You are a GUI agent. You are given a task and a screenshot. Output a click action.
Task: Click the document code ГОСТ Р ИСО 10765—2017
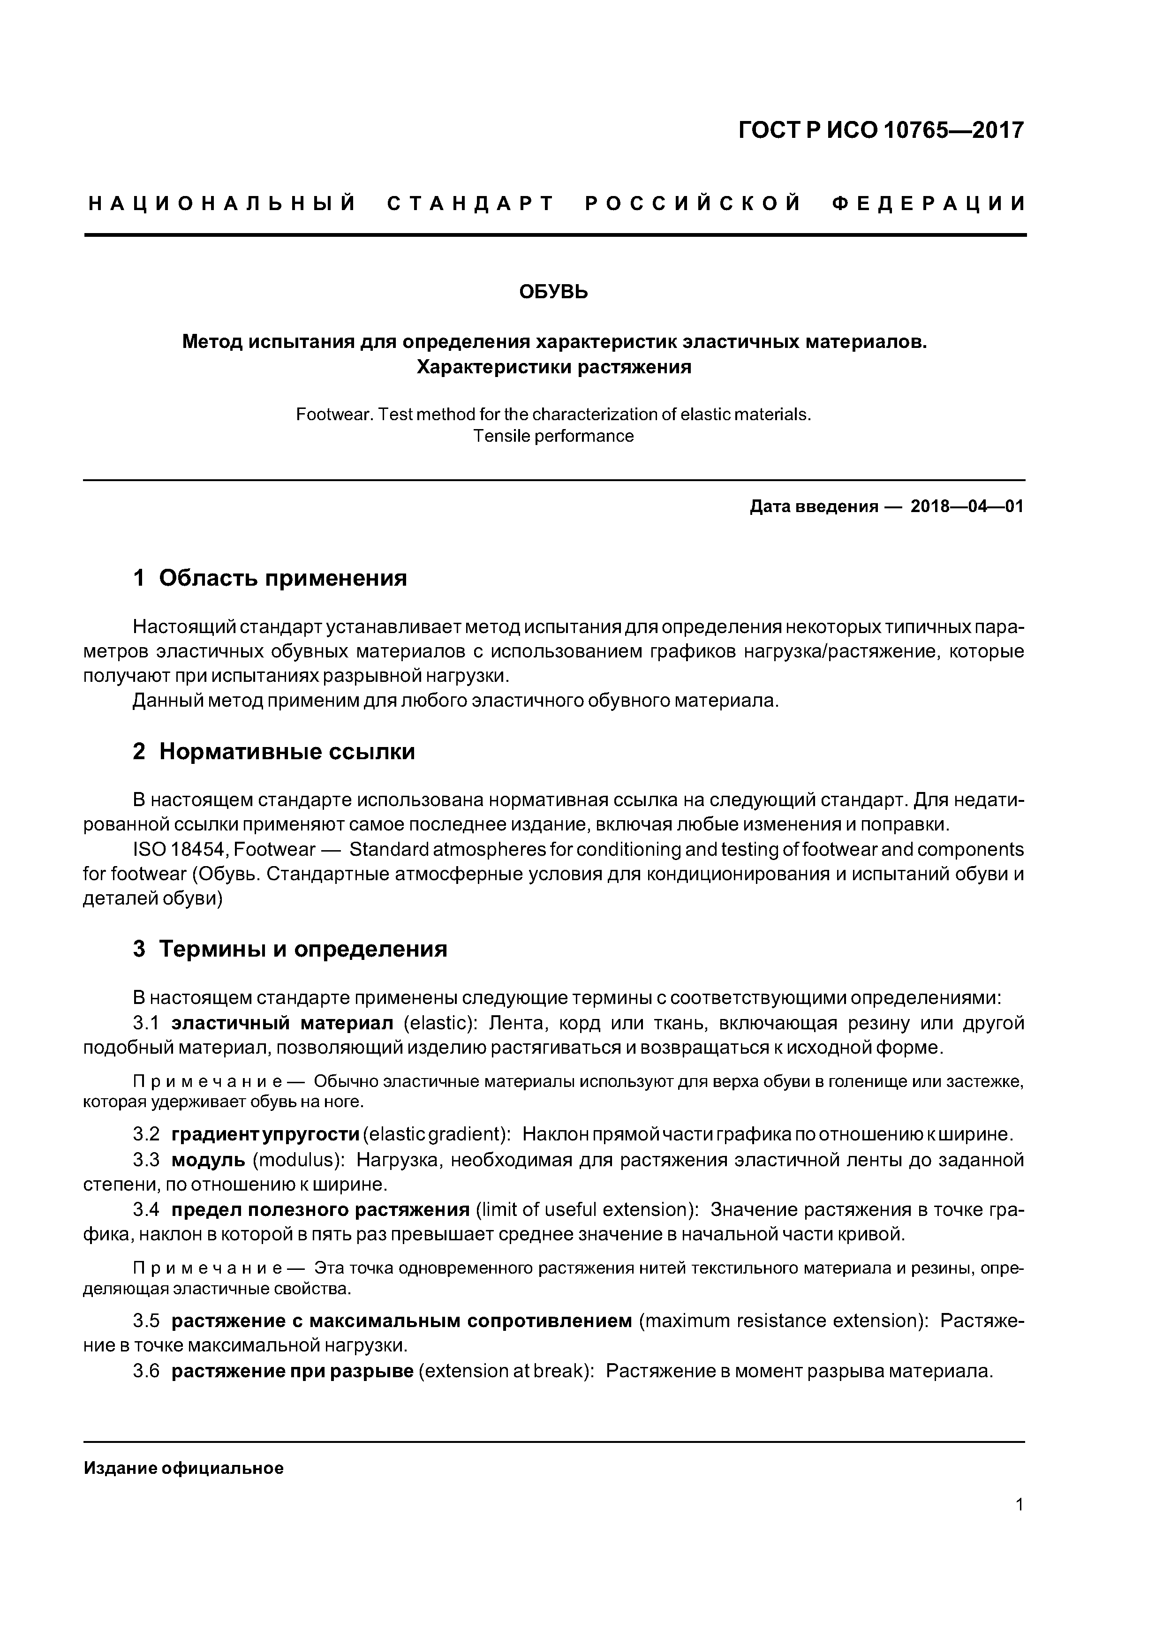pyautogui.click(x=881, y=130)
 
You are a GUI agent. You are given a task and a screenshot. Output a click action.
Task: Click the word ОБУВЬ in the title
pyautogui.click(x=553, y=292)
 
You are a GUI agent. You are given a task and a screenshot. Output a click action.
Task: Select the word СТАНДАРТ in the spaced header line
pyautogui.click(x=471, y=204)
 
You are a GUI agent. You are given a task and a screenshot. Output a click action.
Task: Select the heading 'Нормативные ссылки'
pyautogui.click(x=287, y=752)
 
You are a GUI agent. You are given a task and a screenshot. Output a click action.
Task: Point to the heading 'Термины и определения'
pyautogui.click(x=302, y=949)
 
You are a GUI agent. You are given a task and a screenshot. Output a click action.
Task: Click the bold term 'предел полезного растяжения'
pyautogui.click(x=320, y=1210)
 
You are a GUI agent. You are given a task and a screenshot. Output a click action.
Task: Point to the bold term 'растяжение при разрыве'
pyautogui.click(x=292, y=1371)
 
